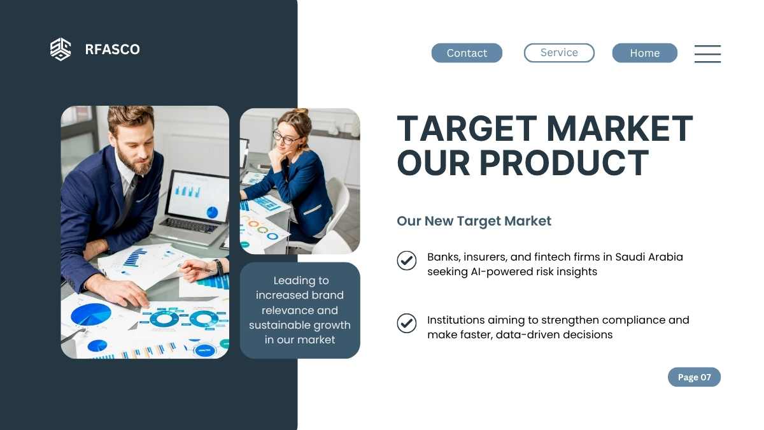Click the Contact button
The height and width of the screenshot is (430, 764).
(467, 53)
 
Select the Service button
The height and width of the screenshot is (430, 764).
(559, 52)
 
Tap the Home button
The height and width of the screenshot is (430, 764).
(644, 53)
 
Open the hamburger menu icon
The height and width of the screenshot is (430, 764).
(707, 54)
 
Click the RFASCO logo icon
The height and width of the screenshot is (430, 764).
(60, 49)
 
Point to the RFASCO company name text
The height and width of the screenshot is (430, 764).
(112, 49)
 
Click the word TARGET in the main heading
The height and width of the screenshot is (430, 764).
(467, 129)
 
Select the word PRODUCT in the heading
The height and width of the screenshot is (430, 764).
(564, 163)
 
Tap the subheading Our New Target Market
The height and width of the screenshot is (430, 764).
(474, 221)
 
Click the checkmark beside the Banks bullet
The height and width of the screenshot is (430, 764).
(407, 261)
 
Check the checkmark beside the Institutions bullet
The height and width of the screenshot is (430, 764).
(407, 323)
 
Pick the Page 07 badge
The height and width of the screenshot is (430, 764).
(694, 377)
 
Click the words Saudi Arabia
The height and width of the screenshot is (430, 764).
(649, 257)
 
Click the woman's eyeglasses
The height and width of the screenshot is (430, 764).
(285, 138)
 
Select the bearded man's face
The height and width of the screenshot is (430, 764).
(135, 143)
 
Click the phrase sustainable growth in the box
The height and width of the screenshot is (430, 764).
(300, 326)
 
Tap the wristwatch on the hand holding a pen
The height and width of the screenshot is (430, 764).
(218, 267)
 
